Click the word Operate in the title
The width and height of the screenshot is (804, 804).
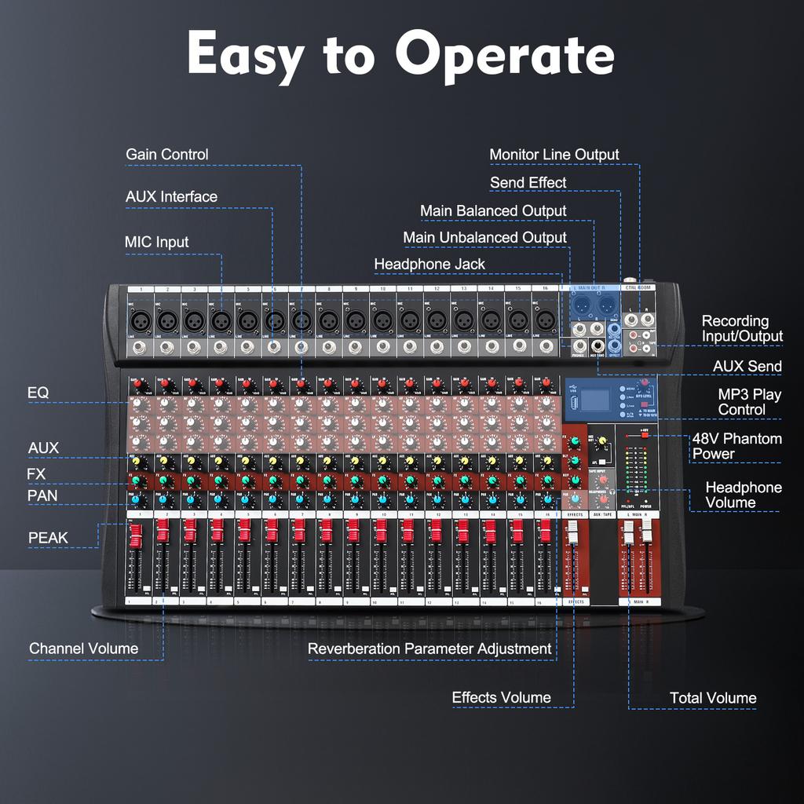[504, 55]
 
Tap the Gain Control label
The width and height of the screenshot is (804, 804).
[167, 155]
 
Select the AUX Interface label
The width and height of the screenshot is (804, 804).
[171, 196]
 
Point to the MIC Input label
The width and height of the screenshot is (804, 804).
[156, 242]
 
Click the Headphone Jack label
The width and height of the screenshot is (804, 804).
[429, 265]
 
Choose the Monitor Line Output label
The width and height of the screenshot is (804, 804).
[554, 155]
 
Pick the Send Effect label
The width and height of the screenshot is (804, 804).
[528, 183]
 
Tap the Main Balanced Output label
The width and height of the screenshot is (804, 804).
[493, 211]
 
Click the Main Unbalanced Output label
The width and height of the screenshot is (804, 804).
[484, 237]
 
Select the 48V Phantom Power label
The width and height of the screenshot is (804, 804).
[736, 446]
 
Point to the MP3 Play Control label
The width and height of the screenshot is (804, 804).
[749, 401]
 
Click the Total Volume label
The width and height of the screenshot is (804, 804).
[713, 698]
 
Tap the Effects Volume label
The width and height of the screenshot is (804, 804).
[501, 698]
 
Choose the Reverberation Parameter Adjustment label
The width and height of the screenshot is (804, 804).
[429, 649]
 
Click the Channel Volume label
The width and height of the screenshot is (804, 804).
[83, 649]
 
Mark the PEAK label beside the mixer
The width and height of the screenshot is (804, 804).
[48, 538]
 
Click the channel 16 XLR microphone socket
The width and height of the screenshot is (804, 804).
[544, 320]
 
